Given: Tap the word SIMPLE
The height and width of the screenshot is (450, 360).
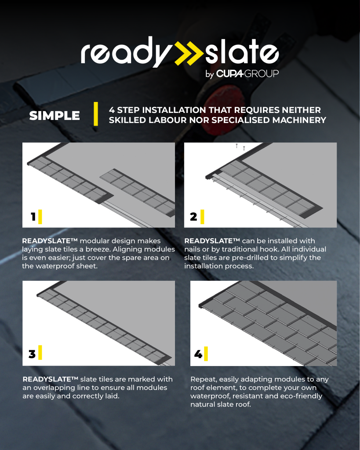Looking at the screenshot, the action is (x=55, y=116).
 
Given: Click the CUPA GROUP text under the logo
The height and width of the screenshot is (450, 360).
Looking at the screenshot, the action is (x=247, y=74).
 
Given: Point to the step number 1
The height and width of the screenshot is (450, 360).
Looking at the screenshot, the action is (x=33, y=217).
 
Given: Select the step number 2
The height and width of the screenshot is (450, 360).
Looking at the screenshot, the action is (x=193, y=217).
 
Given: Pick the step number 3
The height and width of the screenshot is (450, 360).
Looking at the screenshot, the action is (x=32, y=354).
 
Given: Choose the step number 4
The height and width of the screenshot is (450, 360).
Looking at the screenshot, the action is (x=198, y=354).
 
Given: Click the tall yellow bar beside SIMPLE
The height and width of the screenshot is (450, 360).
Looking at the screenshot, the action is (x=96, y=114).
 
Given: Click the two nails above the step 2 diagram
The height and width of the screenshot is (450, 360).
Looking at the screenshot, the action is (x=240, y=147).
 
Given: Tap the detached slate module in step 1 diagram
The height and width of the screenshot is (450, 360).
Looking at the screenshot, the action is (x=137, y=192).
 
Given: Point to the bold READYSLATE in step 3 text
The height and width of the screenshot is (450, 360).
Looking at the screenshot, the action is (x=50, y=379).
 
